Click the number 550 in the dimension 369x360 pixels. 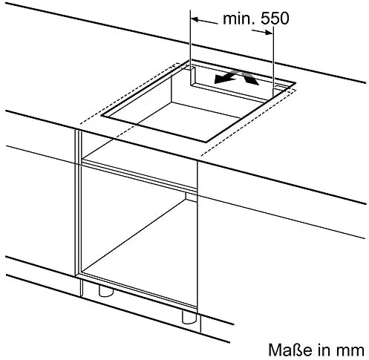tap(275, 19)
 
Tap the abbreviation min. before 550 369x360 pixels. tap(240, 19)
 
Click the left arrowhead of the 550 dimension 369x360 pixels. tap(196, 19)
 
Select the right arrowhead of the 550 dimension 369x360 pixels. tap(268, 32)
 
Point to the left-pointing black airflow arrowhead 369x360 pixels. tap(221, 79)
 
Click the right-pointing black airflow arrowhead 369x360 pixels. tap(252, 79)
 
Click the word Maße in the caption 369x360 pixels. tap(290, 350)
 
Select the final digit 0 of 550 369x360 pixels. tap(284, 19)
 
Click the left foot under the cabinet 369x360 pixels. tap(106, 291)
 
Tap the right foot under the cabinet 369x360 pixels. tap(189, 318)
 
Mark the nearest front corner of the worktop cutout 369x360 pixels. tap(206, 143)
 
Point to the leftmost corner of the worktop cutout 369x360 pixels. tap(101, 116)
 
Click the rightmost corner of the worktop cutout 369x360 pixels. tap(295, 82)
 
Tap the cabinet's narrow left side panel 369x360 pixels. tap(78, 203)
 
